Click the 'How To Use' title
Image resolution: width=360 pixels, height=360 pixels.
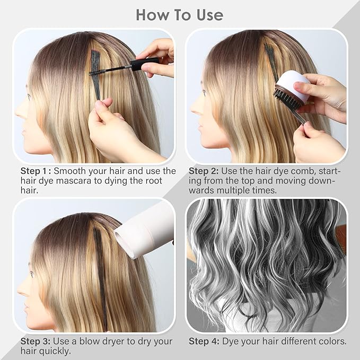click(180, 14)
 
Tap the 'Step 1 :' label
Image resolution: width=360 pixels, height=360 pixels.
click(36, 171)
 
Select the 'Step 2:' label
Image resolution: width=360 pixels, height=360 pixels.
click(206, 171)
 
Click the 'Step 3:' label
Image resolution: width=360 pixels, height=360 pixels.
click(36, 341)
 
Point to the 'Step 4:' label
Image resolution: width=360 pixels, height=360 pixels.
click(204, 341)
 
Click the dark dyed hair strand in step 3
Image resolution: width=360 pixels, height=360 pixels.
click(100, 276)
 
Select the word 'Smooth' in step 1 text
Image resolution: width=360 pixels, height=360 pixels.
click(72, 171)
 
